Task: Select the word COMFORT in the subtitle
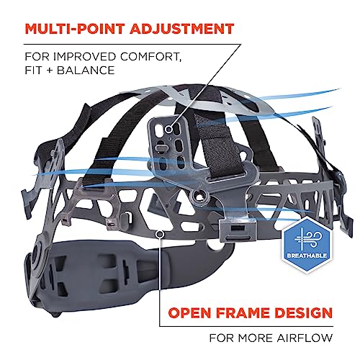point(150,57)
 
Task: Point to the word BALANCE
point(86,71)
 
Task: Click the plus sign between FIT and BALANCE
point(50,71)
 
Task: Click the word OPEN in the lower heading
point(191,312)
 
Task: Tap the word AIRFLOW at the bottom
point(305,338)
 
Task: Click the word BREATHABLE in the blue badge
point(307,255)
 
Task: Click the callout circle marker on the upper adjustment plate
point(168,130)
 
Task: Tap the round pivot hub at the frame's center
point(199,195)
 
